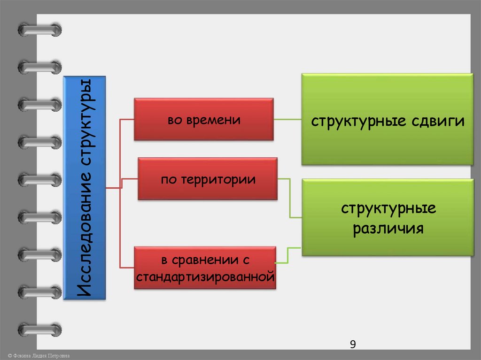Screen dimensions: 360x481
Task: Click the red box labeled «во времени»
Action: point(203,119)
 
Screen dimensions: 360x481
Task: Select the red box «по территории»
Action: point(208,179)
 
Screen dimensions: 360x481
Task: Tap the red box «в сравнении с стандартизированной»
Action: point(204,267)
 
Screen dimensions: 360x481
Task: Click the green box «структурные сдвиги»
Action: point(387,119)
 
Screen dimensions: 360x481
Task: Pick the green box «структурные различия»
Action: point(387,218)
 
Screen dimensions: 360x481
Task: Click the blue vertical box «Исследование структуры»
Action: point(85,188)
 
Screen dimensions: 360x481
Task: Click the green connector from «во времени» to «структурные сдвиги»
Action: point(287,120)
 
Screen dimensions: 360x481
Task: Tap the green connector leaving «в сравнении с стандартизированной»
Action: point(287,256)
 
